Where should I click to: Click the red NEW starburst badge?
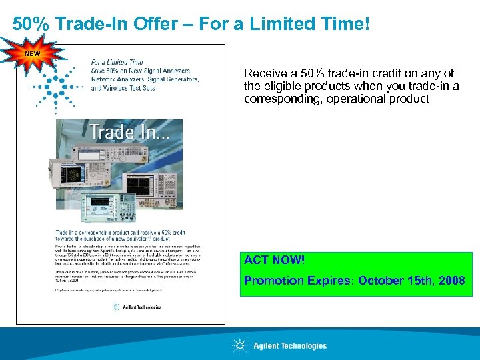32,53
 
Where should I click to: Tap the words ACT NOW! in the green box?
273,259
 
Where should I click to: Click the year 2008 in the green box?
451,280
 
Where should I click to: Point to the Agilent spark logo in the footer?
239,345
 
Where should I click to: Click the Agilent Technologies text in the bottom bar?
290,345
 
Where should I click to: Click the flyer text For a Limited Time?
118,62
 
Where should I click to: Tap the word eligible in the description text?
280,85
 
